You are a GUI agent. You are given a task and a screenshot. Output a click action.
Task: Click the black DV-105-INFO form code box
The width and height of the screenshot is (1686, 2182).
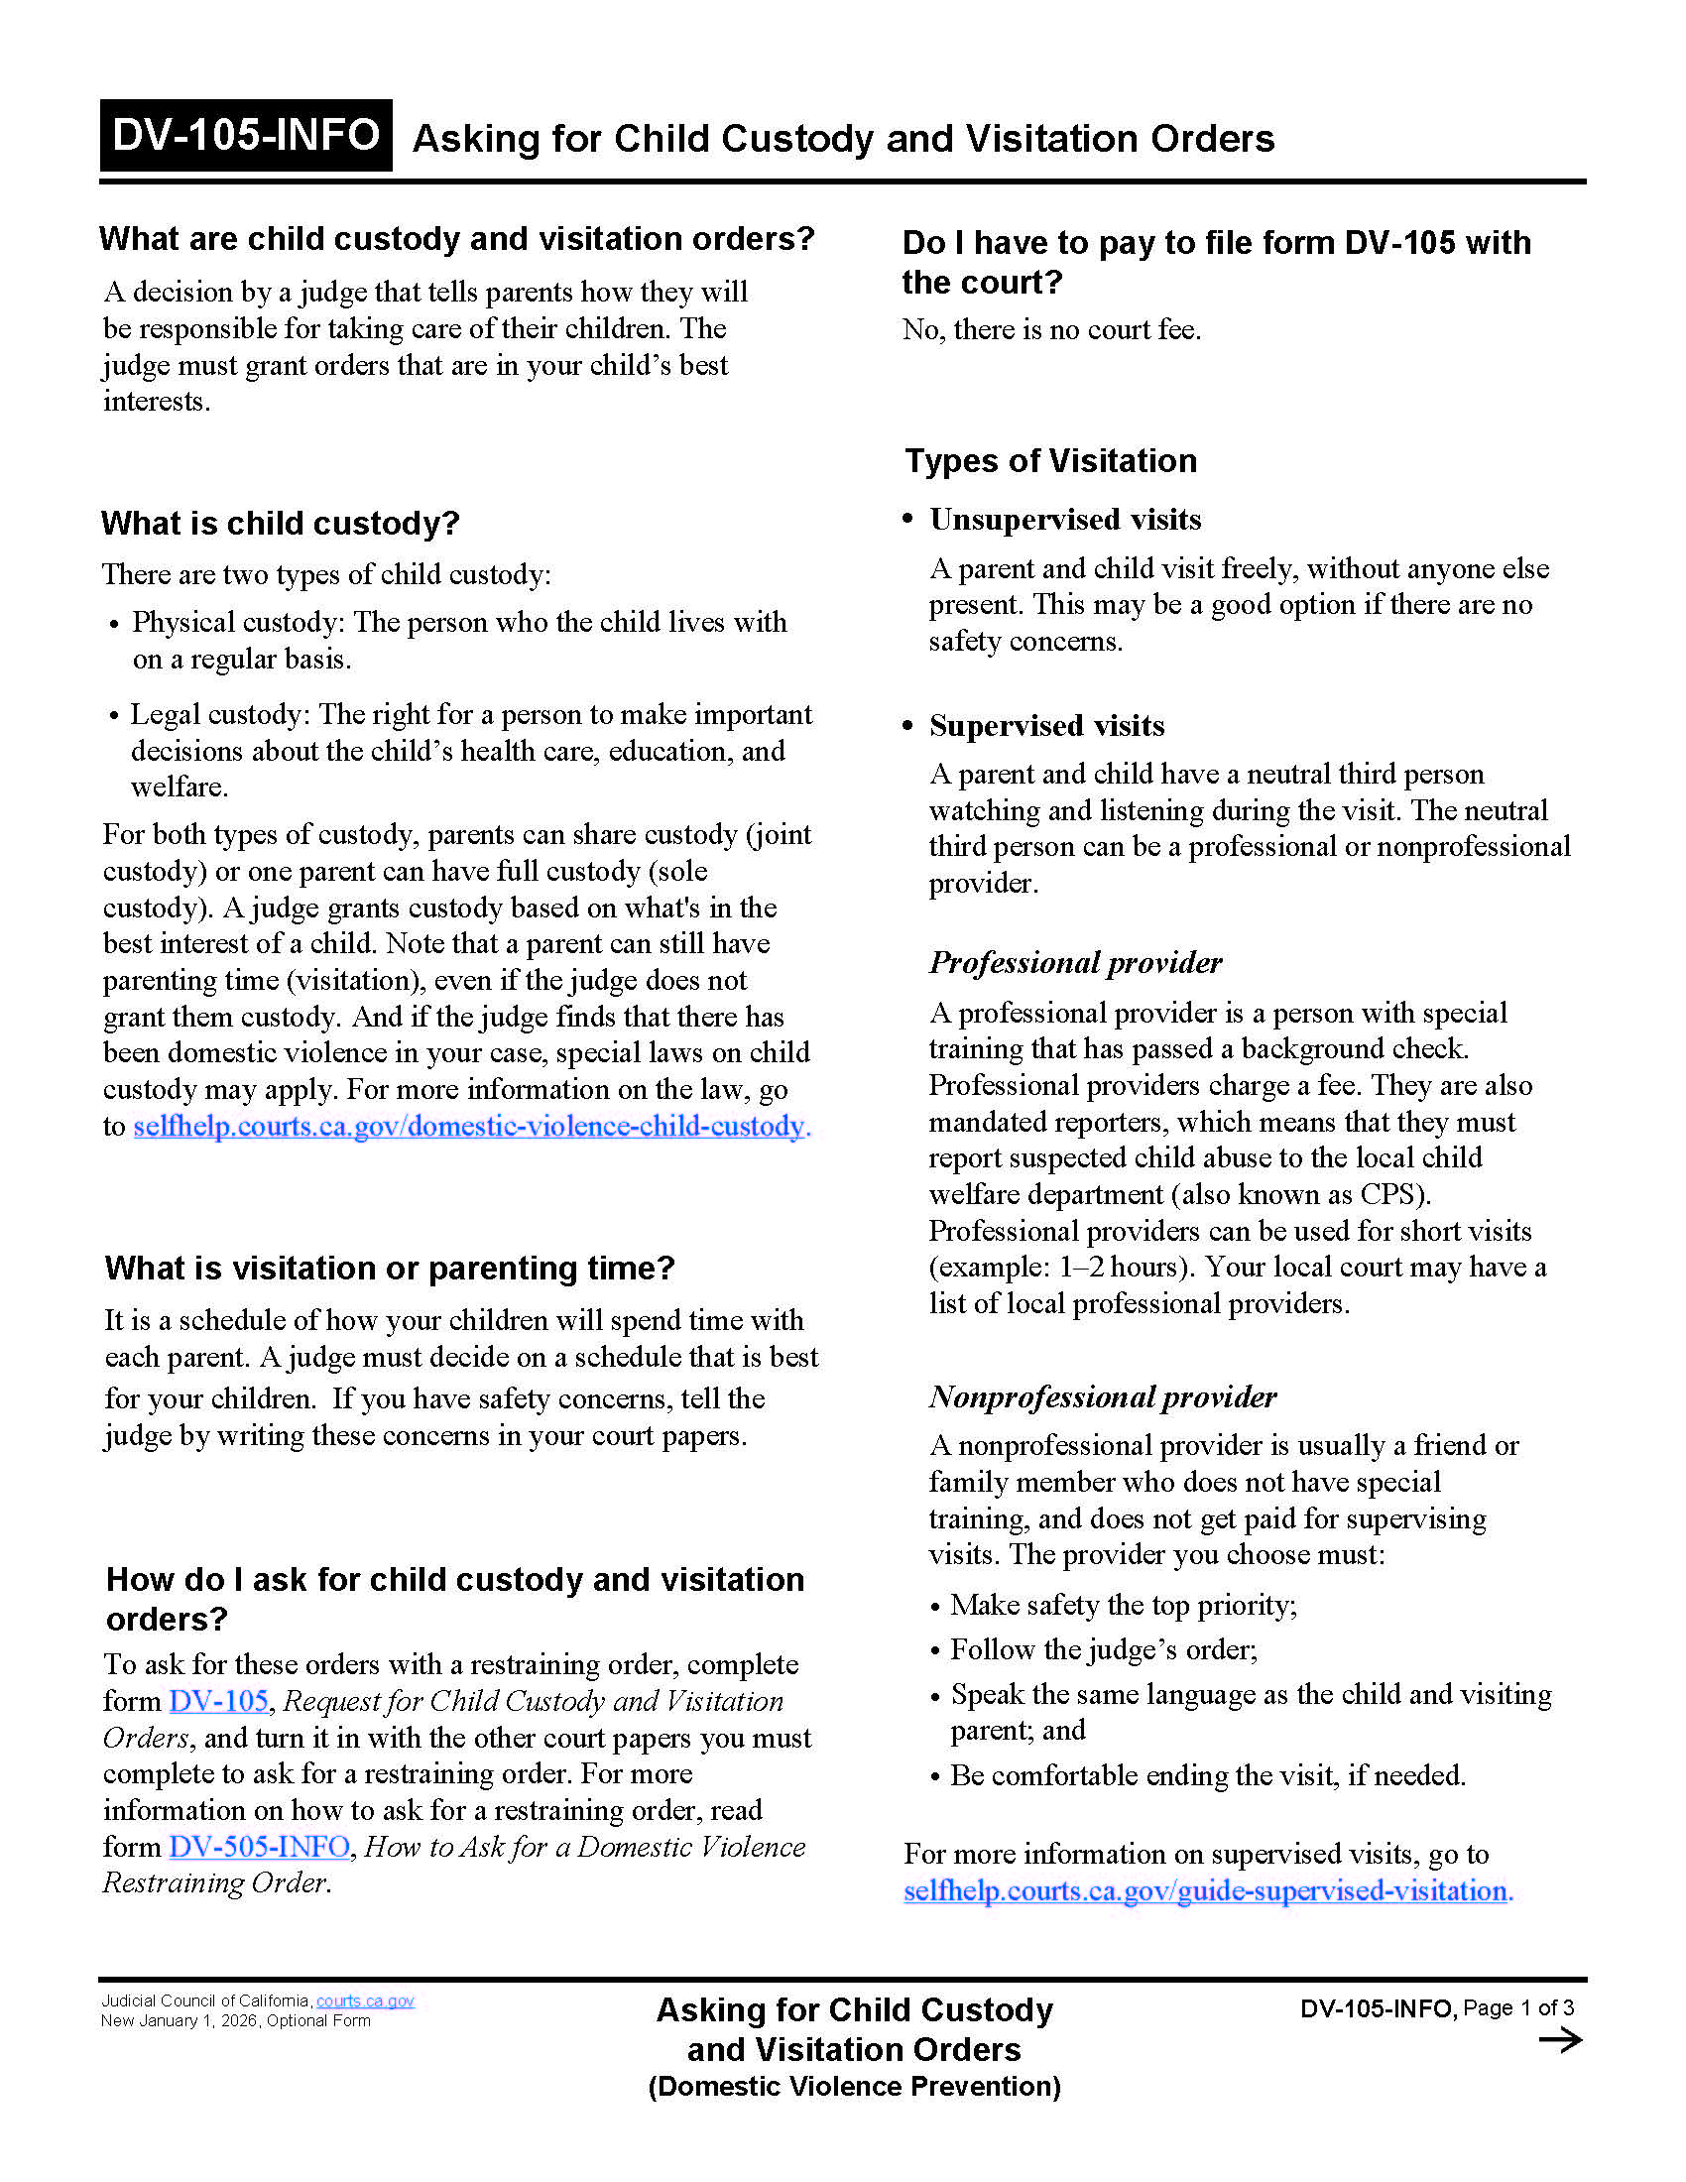point(245,135)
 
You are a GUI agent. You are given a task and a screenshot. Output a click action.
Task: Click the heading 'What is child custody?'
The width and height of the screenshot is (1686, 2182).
point(280,524)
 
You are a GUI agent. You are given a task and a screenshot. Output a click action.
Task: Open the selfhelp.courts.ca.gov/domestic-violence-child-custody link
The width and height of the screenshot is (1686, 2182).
point(469,1127)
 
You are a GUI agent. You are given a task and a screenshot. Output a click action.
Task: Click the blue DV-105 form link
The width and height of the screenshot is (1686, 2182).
point(219,1700)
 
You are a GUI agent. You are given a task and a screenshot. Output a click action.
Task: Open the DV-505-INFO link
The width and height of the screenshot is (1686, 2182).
point(259,1847)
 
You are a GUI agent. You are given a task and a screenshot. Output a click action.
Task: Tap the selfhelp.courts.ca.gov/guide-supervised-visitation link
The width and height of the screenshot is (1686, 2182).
point(1207,1890)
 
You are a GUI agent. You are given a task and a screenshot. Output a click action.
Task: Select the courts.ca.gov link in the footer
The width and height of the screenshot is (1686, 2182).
point(365,2001)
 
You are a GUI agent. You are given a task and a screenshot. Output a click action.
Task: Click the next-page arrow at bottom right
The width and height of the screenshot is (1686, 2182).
point(1560,2040)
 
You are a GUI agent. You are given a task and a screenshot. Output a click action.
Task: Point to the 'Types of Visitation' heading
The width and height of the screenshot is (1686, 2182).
point(1050,461)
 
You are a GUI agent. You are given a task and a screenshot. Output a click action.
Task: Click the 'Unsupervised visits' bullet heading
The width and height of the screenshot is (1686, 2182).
point(1065,520)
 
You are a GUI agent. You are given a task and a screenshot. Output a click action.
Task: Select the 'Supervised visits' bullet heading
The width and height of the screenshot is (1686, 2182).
point(1045,725)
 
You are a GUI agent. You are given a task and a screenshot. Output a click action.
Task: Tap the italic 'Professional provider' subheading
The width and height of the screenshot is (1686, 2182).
point(1075,962)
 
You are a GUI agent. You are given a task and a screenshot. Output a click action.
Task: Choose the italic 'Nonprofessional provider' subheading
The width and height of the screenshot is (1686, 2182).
point(1103,1395)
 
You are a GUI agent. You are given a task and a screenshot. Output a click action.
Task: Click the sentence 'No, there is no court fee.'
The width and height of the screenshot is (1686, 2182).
point(1050,329)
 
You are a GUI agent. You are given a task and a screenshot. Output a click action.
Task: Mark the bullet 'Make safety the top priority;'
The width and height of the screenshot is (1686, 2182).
point(1123,1606)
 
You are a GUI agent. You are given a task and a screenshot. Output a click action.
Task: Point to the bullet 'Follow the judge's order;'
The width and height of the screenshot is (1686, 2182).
point(1103,1649)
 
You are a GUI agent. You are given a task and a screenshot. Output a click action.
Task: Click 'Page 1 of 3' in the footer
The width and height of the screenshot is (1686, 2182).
point(1518,2008)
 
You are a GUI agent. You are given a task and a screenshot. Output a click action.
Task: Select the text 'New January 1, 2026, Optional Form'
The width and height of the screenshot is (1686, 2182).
point(236,2021)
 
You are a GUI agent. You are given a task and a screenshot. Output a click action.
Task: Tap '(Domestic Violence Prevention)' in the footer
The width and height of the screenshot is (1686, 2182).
point(854,2087)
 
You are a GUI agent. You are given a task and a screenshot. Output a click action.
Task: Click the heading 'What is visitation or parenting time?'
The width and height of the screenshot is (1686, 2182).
point(390,1269)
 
